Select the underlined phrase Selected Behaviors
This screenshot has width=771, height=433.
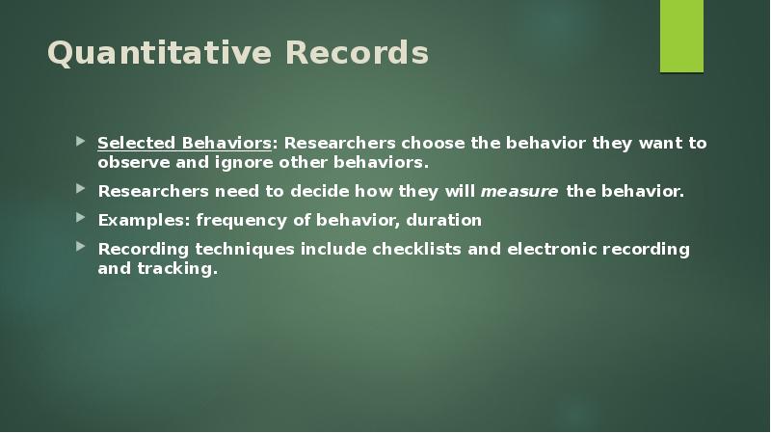click(x=184, y=144)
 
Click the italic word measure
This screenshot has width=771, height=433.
click(x=518, y=191)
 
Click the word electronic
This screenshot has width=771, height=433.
click(x=546, y=249)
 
